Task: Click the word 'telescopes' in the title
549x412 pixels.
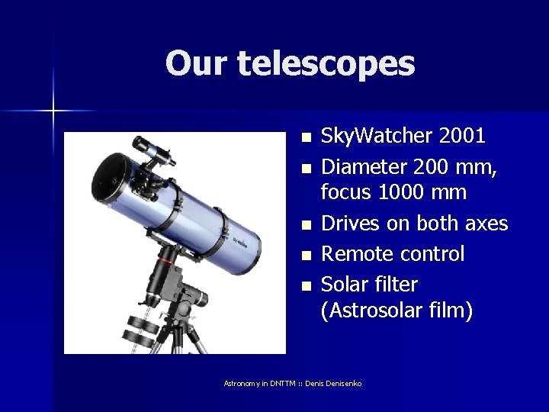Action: tap(326, 63)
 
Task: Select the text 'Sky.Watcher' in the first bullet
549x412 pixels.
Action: tap(368, 136)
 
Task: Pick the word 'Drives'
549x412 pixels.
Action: tap(349, 223)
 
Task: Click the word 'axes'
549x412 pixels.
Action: tap(483, 223)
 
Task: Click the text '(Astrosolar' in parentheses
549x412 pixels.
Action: tap(373, 311)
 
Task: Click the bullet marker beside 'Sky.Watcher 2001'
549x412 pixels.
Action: tap(306, 138)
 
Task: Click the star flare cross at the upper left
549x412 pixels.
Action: tap(53, 111)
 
